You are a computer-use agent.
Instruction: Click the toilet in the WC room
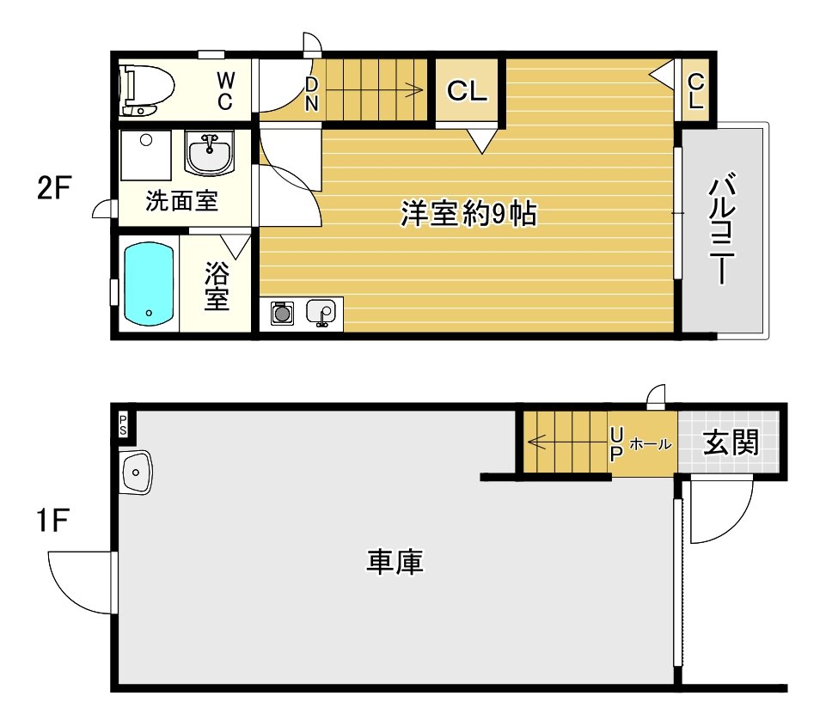[x=146, y=88]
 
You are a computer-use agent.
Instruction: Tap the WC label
[x=224, y=90]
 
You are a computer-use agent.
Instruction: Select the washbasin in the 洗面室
[x=208, y=155]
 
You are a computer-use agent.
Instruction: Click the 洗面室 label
[x=181, y=201]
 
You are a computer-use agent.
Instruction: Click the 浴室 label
[x=217, y=287]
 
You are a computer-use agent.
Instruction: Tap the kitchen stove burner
[x=281, y=314]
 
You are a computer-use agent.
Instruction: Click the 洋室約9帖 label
[x=468, y=213]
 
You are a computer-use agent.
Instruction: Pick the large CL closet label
[x=468, y=90]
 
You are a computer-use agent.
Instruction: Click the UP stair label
[x=615, y=444]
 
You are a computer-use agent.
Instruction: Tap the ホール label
[x=652, y=444]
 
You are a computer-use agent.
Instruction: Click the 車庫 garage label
[x=395, y=563]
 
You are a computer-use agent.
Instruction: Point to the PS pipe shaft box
[x=123, y=423]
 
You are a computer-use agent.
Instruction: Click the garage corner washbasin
[x=136, y=472]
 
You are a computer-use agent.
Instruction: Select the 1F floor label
[x=52, y=521]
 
